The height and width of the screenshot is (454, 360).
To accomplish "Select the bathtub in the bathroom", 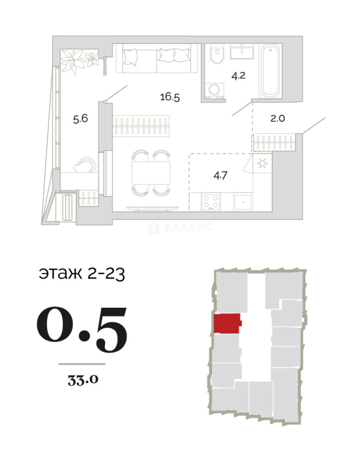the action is (270, 71).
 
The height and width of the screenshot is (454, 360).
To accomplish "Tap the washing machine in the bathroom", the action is (214, 90).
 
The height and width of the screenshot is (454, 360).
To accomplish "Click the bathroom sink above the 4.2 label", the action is (242, 52).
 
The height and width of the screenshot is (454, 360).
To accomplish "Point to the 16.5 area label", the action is (170, 97).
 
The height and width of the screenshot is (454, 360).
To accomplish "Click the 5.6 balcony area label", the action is (80, 119).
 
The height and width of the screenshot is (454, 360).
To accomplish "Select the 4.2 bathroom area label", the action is (239, 76).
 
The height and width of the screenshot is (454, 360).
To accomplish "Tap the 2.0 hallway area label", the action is (278, 118).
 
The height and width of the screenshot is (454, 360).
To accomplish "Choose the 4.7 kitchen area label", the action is (221, 175).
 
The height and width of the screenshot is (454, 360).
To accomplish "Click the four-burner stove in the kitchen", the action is (211, 202).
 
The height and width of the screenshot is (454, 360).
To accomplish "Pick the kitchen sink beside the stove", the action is (243, 202).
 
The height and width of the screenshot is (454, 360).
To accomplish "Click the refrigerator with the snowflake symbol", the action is (263, 164).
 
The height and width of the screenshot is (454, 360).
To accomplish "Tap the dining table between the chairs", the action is (151, 173).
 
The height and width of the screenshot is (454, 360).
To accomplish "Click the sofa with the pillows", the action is (157, 58).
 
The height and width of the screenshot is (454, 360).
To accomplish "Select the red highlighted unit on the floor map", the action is (227, 323).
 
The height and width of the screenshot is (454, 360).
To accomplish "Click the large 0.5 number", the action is (82, 330).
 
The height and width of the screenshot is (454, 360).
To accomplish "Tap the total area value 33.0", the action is (83, 380).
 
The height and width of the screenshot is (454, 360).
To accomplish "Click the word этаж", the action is (60, 273).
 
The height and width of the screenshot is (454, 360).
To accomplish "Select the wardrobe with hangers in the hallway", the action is (274, 142).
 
